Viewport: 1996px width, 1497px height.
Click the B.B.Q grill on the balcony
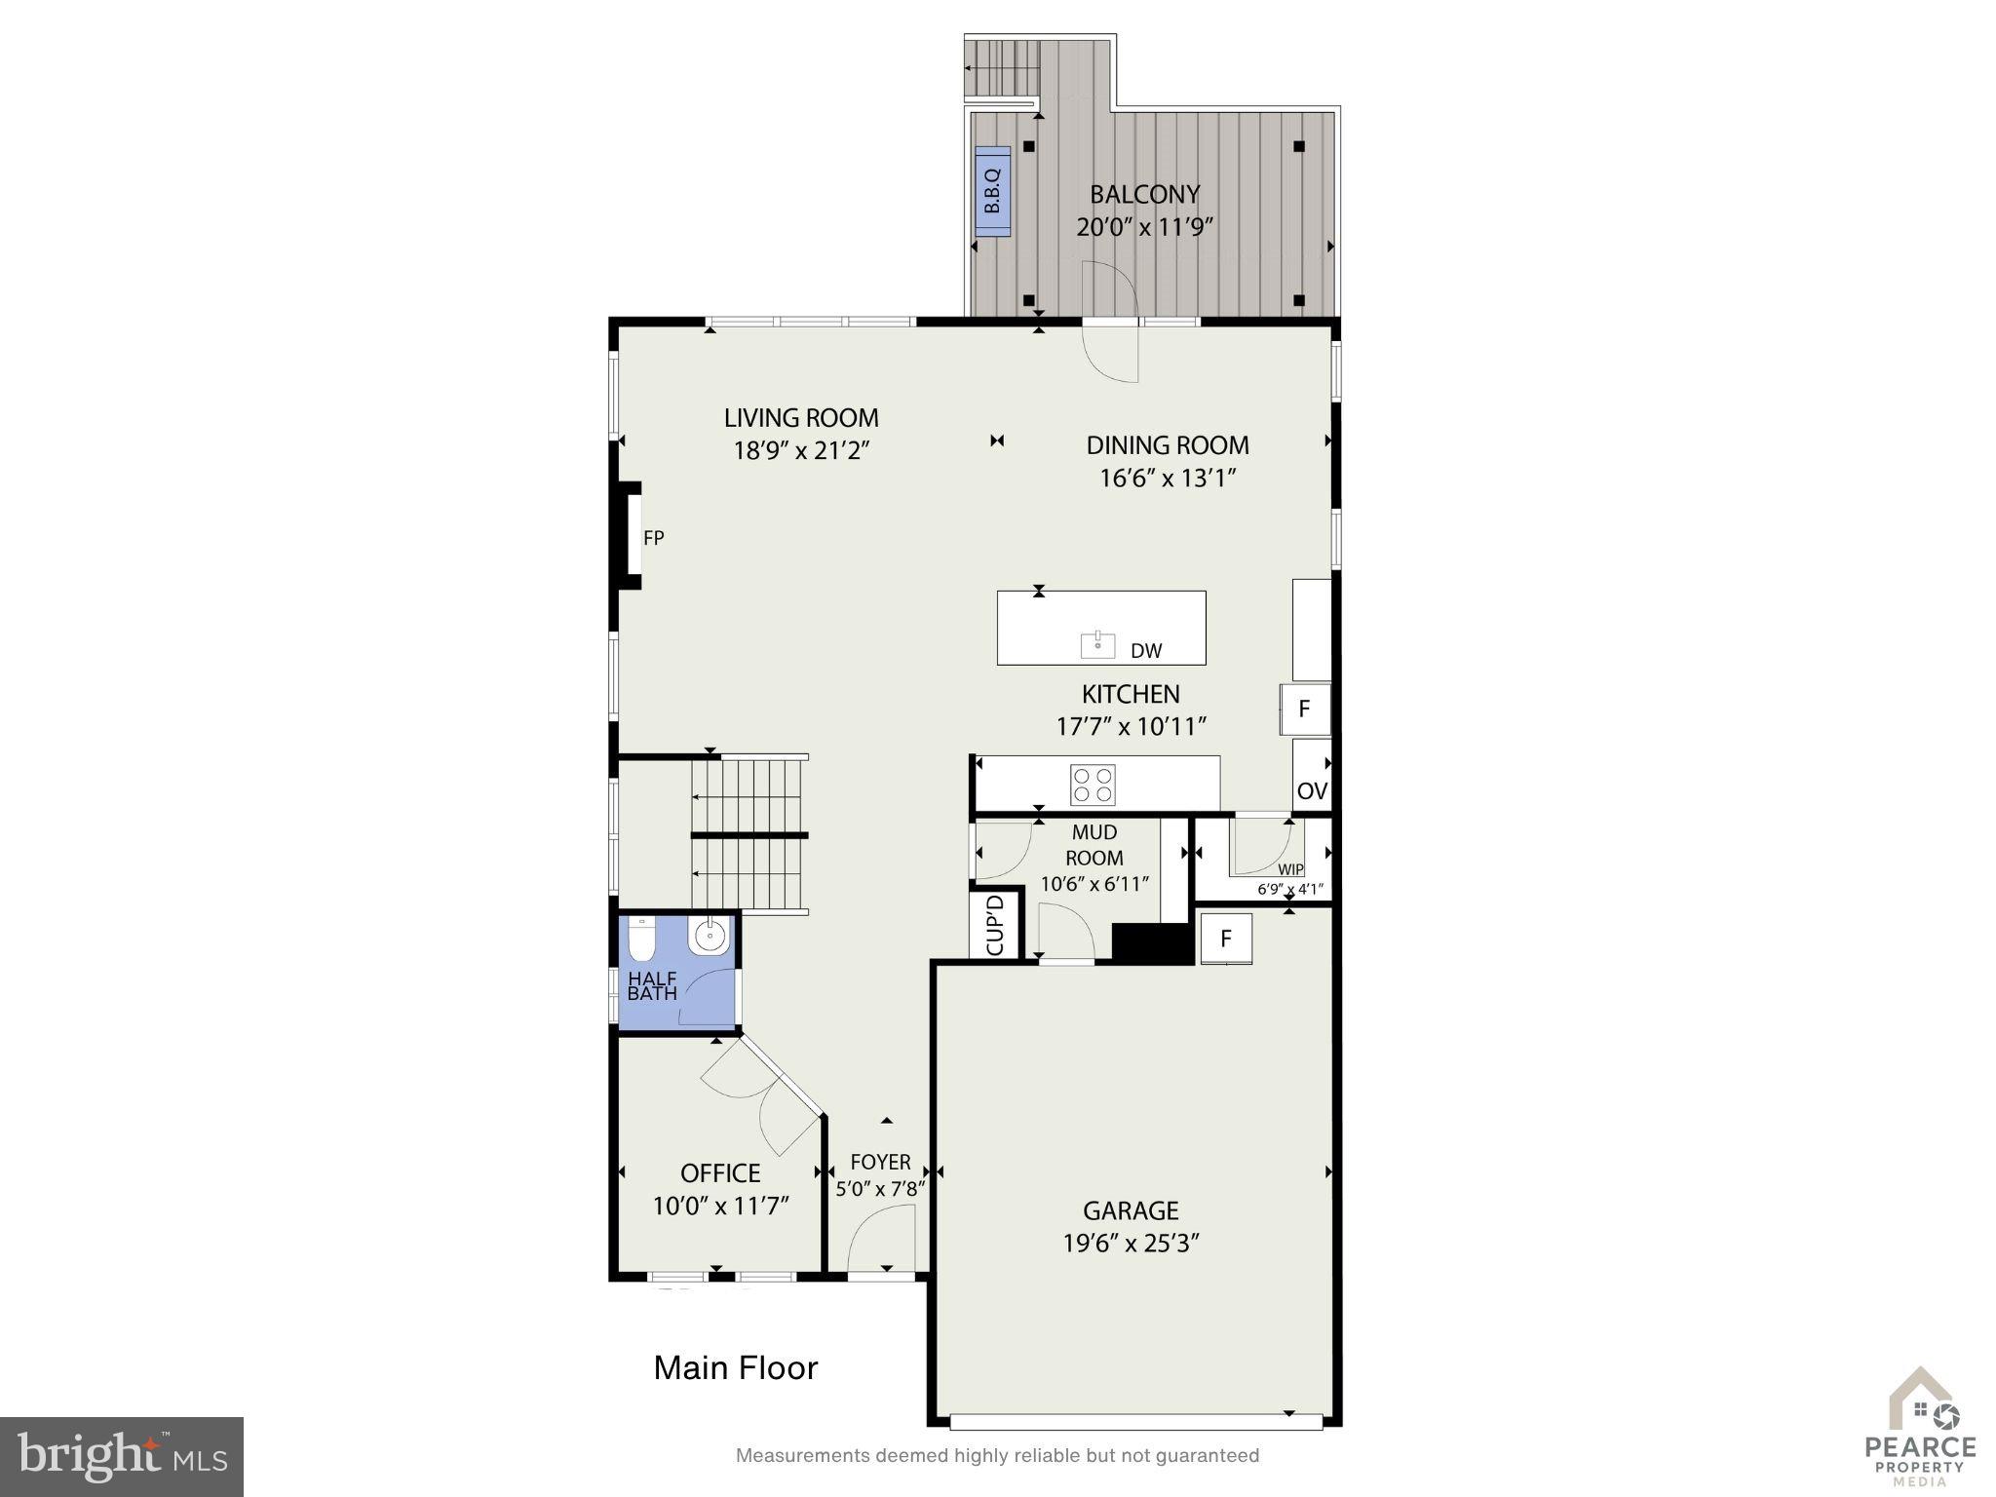point(993,191)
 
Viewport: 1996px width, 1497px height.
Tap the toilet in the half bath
point(640,940)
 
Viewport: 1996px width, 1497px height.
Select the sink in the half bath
point(709,937)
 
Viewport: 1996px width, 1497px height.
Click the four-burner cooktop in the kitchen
point(1093,785)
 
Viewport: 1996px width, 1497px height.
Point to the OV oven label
point(1312,790)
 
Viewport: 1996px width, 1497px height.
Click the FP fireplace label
point(653,538)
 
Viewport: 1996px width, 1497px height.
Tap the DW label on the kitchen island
point(1146,651)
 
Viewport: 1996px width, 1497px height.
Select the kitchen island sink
point(1097,643)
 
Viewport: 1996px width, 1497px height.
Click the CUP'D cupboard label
point(995,923)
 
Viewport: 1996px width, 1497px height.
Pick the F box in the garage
point(1226,939)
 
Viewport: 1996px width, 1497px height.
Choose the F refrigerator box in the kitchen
point(1305,709)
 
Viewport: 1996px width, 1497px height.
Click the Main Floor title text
point(736,1367)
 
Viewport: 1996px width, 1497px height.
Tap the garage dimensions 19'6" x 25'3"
point(1131,1244)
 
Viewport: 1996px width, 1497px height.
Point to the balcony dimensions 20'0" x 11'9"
point(1144,227)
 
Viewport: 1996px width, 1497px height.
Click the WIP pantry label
point(1290,869)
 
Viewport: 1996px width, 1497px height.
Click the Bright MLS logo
point(122,1457)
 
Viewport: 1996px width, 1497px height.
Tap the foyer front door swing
point(881,1239)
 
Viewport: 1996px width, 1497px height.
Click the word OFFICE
point(720,1172)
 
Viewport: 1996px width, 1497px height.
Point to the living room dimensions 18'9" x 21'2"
point(801,450)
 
